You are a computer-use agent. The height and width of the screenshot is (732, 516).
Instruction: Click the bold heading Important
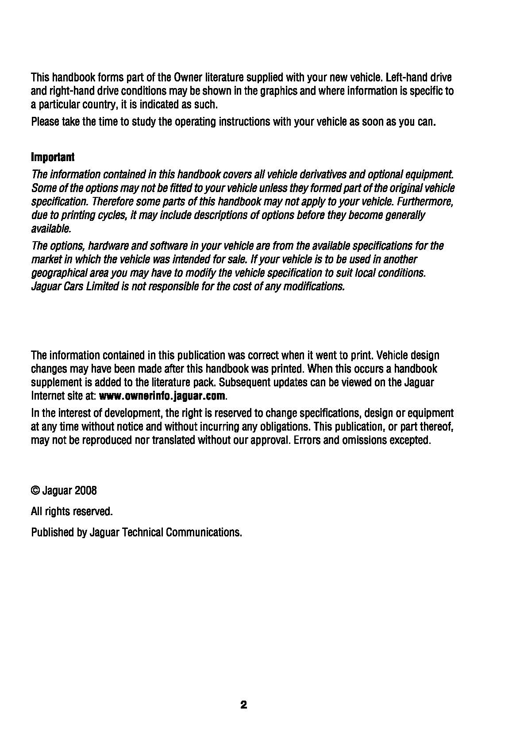click(53, 157)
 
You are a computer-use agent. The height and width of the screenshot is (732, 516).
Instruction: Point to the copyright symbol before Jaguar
click(35, 490)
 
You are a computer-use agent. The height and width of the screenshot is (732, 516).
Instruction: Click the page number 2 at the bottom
click(243, 705)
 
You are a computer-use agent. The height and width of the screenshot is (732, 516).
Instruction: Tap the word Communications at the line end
click(204, 532)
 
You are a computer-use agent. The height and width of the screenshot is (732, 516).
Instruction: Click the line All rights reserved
click(72, 512)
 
